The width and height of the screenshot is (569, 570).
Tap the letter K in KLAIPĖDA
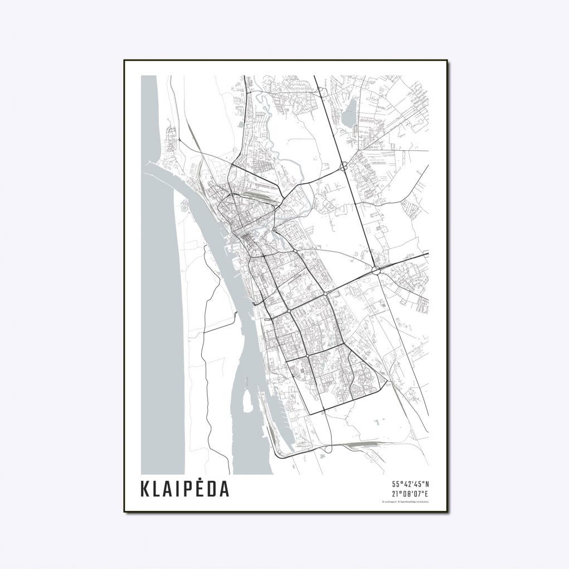(147, 489)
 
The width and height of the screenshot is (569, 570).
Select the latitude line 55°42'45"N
(410, 484)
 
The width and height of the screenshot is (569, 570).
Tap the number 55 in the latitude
(396, 484)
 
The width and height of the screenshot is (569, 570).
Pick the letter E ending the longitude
(426, 493)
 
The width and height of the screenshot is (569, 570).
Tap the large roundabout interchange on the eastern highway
(376, 271)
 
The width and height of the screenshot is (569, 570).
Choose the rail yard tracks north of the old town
(260, 192)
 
